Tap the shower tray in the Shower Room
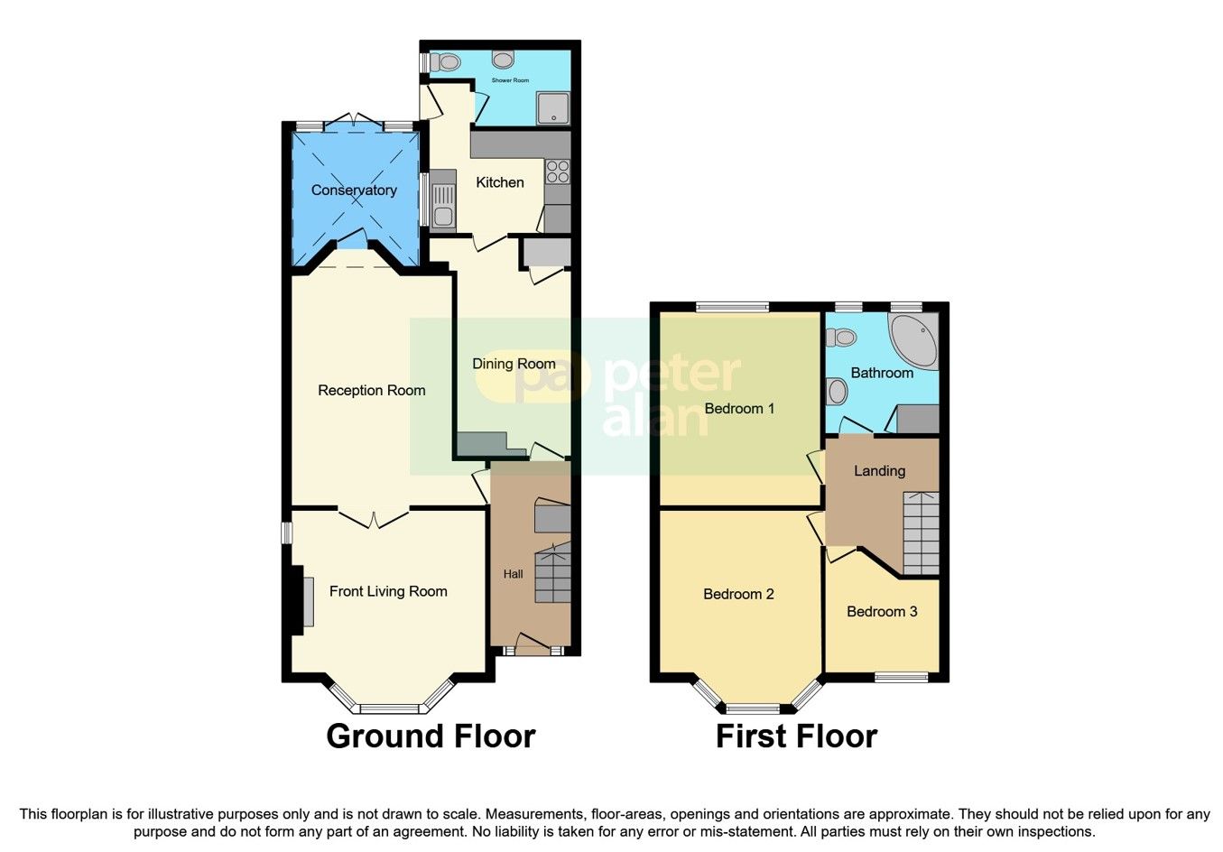click(552, 108)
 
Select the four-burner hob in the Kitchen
click(557, 171)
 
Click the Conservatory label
click(354, 190)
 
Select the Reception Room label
click(372, 391)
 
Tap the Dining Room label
click(514, 364)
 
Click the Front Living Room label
click(388, 591)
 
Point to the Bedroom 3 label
click(882, 612)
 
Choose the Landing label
click(879, 471)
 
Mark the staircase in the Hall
click(552, 574)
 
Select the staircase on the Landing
click(921, 532)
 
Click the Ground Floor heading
click(431, 736)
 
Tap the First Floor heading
click(796, 736)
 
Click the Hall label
click(513, 574)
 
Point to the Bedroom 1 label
click(739, 409)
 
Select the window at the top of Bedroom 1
click(732, 307)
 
